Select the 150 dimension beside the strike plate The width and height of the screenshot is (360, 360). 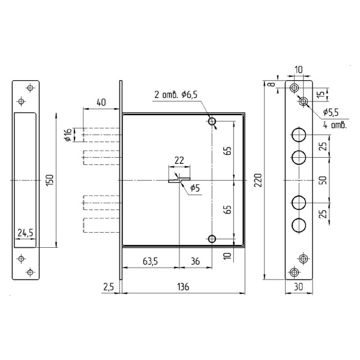point(50,179)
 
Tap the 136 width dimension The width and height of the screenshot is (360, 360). point(183,287)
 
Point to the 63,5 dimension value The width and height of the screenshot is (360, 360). point(149,262)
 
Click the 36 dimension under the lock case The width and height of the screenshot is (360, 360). point(194,262)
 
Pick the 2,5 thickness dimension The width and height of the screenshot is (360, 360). point(108,288)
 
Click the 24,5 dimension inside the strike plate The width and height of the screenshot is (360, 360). point(25,232)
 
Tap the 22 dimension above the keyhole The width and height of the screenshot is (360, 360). point(179,160)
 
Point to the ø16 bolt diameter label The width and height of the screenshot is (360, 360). point(68,135)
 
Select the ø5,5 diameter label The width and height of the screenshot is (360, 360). point(331,112)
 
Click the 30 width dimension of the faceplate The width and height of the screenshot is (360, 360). point(298,287)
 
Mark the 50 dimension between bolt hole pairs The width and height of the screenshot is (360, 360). point(323,179)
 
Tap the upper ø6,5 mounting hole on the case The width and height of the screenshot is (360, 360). point(212,122)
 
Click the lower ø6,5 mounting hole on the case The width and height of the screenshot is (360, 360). point(212,239)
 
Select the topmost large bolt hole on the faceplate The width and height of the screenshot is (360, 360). point(298,134)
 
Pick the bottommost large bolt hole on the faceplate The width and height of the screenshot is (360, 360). point(298,225)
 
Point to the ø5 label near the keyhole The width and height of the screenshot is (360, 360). point(194,188)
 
